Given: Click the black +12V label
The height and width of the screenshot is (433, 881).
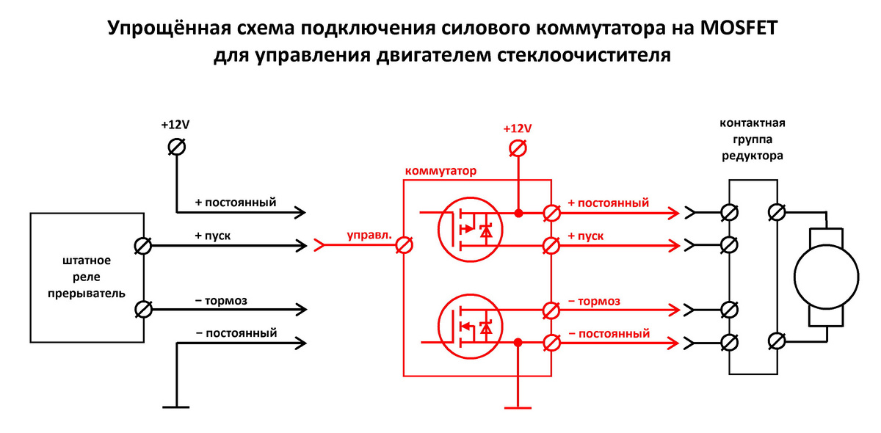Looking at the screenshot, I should tap(175, 125).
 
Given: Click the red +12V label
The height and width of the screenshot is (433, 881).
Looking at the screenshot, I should tap(518, 128).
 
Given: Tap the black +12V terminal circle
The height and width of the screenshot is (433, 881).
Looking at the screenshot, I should tap(176, 147).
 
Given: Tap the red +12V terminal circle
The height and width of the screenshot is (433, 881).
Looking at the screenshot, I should tap(518, 150).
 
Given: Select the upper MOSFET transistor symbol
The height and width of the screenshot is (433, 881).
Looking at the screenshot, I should tap(468, 229).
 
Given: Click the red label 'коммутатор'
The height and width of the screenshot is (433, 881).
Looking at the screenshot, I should tap(440, 170).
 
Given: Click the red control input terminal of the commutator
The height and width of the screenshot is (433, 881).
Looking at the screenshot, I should tap(403, 246).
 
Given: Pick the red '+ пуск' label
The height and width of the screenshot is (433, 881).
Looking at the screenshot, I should tap(585, 236).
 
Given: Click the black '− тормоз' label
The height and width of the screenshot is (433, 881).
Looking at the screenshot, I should tap(221, 300).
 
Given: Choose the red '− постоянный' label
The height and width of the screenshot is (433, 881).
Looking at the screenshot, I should tap(609, 333).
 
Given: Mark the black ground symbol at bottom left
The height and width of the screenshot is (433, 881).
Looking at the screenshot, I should tap(176, 405).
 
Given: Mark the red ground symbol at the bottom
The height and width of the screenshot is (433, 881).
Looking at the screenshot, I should tap(518, 405).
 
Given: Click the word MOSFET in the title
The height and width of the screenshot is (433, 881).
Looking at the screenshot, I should tap(728, 29).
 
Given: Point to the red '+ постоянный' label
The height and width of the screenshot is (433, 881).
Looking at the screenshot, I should tap(608, 203).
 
